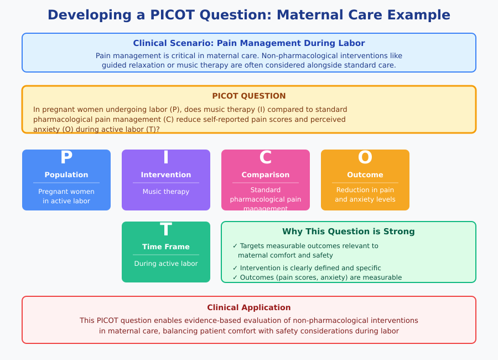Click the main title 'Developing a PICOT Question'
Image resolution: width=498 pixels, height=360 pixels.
tap(248, 15)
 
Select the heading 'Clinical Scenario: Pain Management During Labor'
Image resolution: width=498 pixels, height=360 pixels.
tap(248, 43)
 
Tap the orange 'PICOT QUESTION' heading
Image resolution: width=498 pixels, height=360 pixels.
tap(248, 96)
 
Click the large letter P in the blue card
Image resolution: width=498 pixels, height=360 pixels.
tap(66, 158)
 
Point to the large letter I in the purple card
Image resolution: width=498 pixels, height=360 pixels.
tap(166, 158)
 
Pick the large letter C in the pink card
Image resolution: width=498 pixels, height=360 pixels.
tap(266, 158)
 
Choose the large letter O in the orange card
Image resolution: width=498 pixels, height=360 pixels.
tap(365, 158)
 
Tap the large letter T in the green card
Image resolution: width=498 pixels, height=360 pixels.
tap(166, 230)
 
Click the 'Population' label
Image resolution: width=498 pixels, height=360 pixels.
tap(66, 175)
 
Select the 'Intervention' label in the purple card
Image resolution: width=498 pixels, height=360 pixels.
tap(166, 175)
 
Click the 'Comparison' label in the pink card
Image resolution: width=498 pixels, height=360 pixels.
tap(266, 175)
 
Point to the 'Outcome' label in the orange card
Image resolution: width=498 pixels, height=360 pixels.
tap(365, 175)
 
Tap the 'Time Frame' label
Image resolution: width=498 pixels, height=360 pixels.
tap(166, 247)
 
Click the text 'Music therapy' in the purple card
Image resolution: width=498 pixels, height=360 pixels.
tap(166, 192)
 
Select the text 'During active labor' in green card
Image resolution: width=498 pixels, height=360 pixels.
tap(166, 264)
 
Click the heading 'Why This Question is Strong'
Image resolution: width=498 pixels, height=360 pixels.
tap(348, 232)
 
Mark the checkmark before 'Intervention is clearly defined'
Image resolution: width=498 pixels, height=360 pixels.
tap(235, 268)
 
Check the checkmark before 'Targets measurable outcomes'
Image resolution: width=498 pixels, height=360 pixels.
tap(235, 246)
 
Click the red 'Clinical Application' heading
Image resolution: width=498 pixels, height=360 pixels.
tap(248, 307)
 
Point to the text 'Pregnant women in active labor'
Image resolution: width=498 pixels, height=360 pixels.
tap(66, 196)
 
